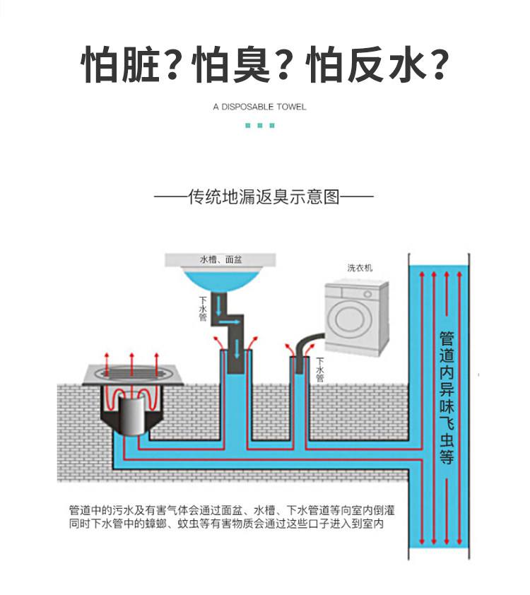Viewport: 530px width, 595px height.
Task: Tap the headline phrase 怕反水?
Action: point(377,64)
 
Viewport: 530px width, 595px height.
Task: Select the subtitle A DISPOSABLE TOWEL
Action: point(259,107)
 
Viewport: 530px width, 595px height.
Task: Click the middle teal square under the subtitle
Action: point(260,126)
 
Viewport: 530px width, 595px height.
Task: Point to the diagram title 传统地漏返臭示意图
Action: point(264,196)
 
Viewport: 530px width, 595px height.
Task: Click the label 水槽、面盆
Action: point(220,259)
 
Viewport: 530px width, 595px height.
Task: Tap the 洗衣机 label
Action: point(360,268)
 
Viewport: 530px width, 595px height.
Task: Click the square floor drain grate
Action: point(132,375)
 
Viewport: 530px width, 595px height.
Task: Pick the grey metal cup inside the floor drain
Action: point(132,414)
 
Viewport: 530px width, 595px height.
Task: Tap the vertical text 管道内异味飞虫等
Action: point(447,398)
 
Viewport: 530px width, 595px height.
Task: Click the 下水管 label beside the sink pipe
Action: point(203,309)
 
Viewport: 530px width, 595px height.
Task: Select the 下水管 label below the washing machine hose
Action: point(320,370)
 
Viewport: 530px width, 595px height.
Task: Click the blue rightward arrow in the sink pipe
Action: point(230,322)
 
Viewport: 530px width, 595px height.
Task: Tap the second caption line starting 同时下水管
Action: point(227,524)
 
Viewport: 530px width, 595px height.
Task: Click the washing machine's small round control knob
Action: point(367,294)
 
